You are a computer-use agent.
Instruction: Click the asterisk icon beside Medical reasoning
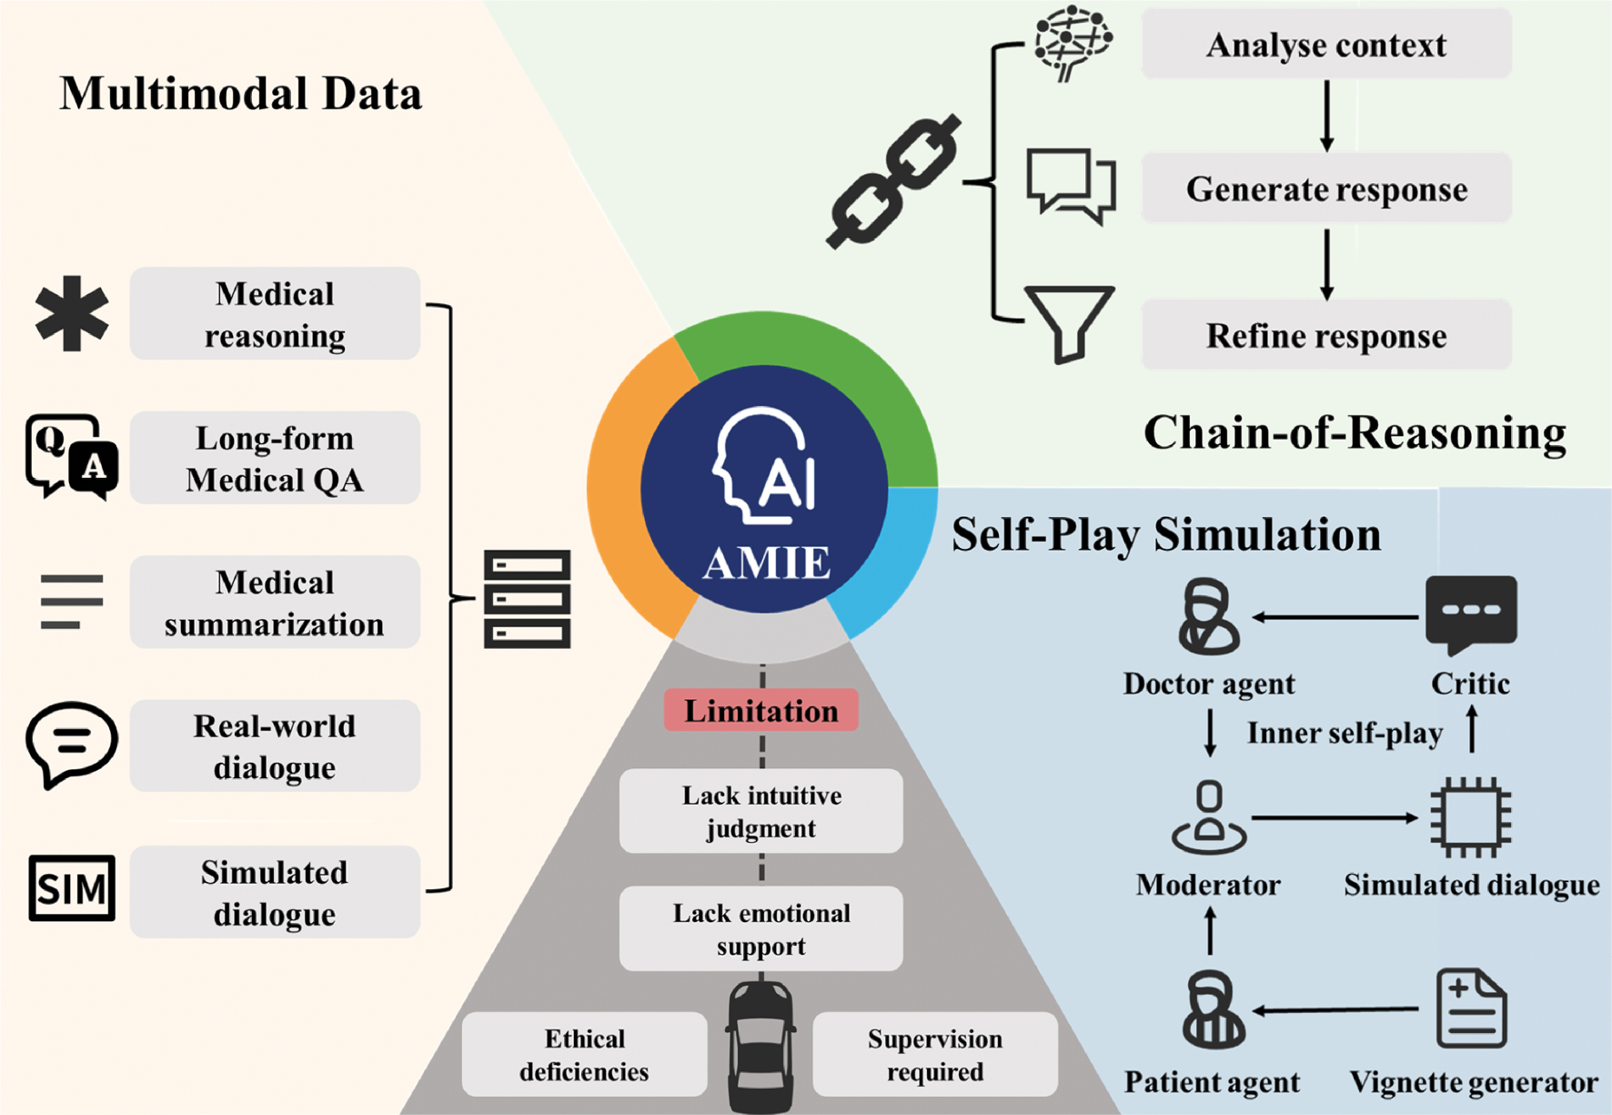[72, 313]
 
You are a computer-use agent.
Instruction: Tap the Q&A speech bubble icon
[72, 457]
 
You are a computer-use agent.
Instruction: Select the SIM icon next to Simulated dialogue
[72, 888]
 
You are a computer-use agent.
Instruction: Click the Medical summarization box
[275, 603]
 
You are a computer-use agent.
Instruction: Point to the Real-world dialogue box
[275, 746]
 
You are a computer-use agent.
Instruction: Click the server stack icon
[527, 599]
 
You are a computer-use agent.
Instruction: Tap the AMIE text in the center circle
[766, 563]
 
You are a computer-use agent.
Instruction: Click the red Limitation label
[761, 710]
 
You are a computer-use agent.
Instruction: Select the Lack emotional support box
[761, 928]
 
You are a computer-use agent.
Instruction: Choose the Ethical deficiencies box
[584, 1055]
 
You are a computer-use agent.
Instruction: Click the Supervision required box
[935, 1055]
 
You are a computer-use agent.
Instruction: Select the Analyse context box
[1326, 45]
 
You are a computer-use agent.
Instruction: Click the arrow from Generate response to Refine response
[1326, 264]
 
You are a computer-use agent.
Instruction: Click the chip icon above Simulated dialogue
[1471, 817]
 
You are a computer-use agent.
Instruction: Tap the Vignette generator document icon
[1471, 1009]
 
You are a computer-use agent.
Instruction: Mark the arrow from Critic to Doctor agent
[1335, 617]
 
